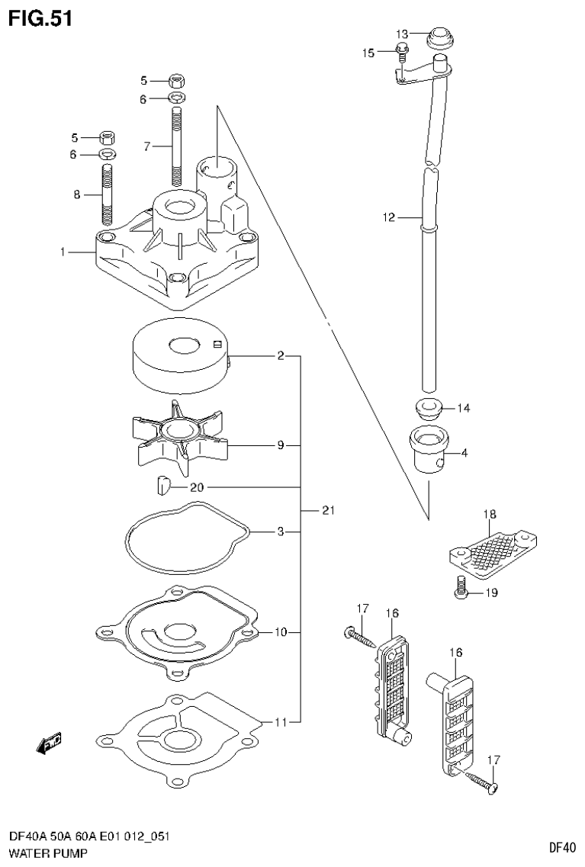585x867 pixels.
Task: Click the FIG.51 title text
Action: pyautogui.click(x=40, y=18)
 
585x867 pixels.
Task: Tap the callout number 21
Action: pyautogui.click(x=328, y=510)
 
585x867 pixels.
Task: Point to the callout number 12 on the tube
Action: pyautogui.click(x=389, y=217)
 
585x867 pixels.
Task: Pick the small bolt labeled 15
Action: pyautogui.click(x=403, y=52)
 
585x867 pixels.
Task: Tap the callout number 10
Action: pyautogui.click(x=281, y=631)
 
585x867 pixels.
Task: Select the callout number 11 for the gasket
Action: pyautogui.click(x=281, y=721)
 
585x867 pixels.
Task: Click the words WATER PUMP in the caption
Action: pyautogui.click(x=47, y=853)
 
